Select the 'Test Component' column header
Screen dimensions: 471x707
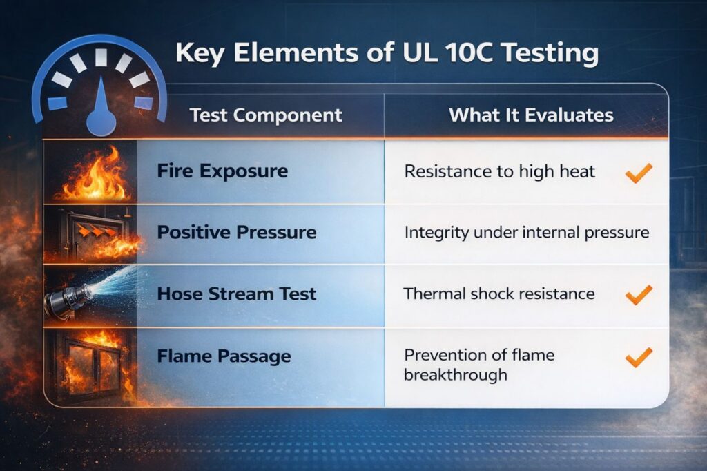(x=266, y=115)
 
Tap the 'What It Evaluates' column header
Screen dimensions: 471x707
(x=531, y=115)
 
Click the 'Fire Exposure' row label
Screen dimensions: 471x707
(x=222, y=171)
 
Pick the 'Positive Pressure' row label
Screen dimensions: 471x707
(x=236, y=232)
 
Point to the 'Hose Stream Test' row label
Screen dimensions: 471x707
(x=236, y=294)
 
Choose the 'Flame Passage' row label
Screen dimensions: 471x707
(x=223, y=356)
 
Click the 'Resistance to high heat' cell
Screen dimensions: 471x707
(x=499, y=171)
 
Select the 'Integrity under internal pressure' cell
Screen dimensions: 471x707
(x=526, y=233)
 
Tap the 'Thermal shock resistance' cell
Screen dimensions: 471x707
(x=498, y=294)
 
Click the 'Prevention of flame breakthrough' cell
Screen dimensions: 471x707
(x=479, y=365)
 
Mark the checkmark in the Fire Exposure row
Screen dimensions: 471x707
(x=638, y=173)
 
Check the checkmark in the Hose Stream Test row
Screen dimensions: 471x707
(x=638, y=295)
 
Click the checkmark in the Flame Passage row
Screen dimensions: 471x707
(x=638, y=357)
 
